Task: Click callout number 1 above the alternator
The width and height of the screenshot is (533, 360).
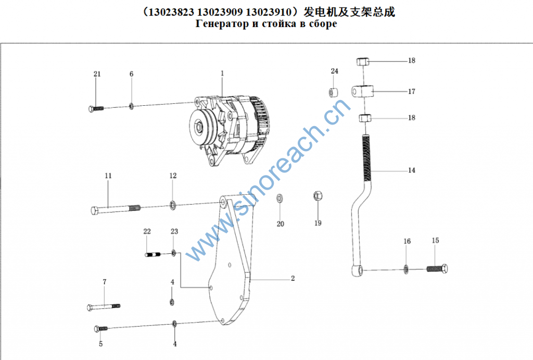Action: (x=222, y=73)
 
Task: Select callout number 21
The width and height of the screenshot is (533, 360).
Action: (x=97, y=74)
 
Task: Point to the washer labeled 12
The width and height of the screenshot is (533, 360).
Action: (x=173, y=205)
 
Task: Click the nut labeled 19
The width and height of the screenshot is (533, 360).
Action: (x=318, y=196)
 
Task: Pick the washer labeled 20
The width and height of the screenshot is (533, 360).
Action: (x=280, y=198)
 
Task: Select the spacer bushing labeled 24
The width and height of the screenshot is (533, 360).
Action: (x=333, y=92)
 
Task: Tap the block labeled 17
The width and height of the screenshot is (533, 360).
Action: (x=362, y=91)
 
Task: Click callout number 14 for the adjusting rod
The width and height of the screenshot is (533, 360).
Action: (x=412, y=170)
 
